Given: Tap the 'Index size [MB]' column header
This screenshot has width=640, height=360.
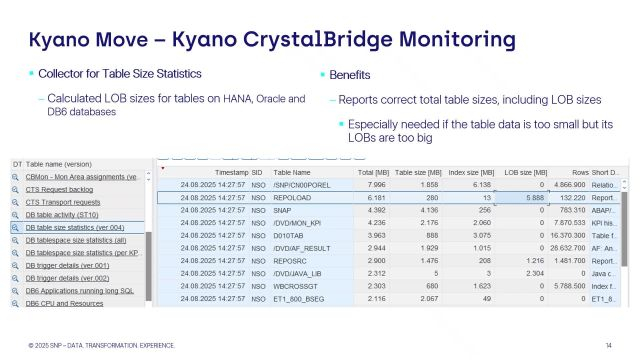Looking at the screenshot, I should [467, 172].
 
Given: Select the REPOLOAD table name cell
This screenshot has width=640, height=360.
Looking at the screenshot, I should [295, 198].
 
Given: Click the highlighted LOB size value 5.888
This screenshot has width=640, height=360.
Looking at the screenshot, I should [528, 198].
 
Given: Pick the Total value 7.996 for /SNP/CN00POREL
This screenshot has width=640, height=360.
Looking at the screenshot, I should [371, 185].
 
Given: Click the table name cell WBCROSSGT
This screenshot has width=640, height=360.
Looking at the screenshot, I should [297, 285].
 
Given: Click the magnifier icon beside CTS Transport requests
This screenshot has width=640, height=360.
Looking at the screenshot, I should [16, 201].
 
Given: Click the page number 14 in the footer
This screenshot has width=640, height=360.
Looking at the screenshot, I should [609, 345].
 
